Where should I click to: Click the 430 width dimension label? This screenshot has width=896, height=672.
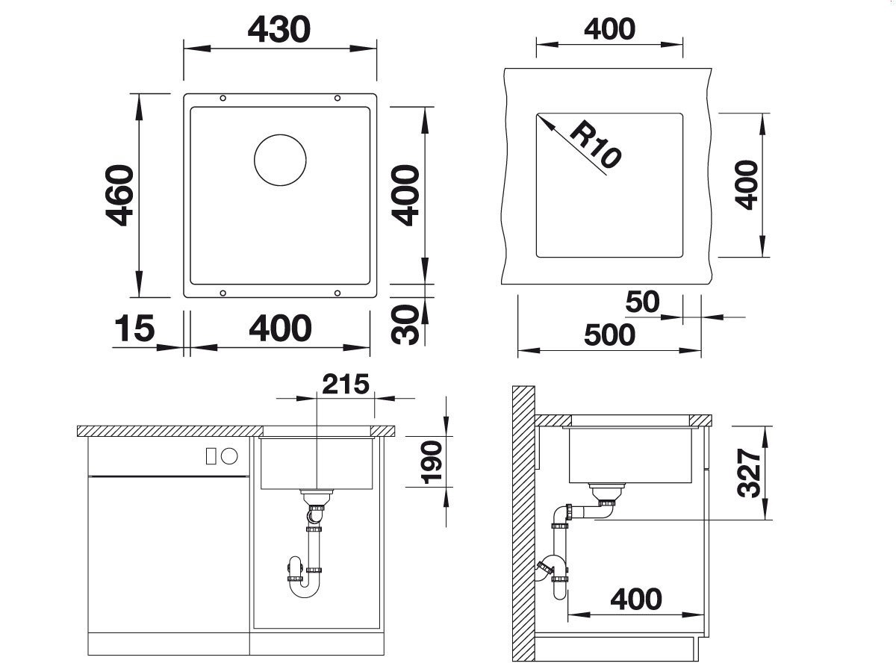279,30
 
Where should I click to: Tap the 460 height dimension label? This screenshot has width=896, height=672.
119,196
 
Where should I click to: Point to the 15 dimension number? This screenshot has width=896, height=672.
134,328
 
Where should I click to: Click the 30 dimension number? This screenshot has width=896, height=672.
405,326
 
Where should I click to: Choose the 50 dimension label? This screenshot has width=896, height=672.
643,302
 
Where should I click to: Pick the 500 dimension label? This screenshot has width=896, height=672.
609,335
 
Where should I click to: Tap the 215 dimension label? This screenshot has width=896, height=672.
346,384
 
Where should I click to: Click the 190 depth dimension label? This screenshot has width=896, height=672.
432,462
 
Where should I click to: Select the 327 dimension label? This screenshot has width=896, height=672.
750,473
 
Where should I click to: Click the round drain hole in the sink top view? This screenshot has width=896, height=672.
280,160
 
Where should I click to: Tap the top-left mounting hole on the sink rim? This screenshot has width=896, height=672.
223,98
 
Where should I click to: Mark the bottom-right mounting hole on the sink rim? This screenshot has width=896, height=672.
337,293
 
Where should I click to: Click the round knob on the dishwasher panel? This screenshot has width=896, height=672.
229,456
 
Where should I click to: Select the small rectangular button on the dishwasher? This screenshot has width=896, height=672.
211,456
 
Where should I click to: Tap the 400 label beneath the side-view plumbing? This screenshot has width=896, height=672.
636,600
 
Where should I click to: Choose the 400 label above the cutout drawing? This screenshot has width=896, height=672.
609,29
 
